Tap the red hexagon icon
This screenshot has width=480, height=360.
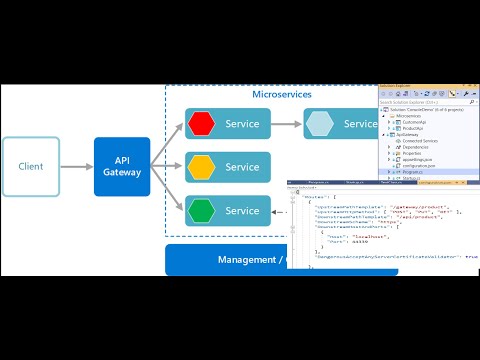(x=202, y=124)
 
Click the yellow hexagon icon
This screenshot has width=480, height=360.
(x=202, y=167)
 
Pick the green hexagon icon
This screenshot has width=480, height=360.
(x=202, y=210)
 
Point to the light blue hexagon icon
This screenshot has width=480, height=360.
(x=320, y=124)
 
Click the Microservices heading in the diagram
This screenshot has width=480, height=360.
(x=281, y=94)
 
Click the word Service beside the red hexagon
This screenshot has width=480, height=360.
(x=242, y=124)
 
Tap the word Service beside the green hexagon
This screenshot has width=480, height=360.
(x=242, y=211)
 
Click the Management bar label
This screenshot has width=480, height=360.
(x=250, y=260)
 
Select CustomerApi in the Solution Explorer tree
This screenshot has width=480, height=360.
(x=414, y=120)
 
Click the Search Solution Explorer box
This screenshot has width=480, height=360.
(x=410, y=103)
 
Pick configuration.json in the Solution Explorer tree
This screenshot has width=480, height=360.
(x=418, y=164)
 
